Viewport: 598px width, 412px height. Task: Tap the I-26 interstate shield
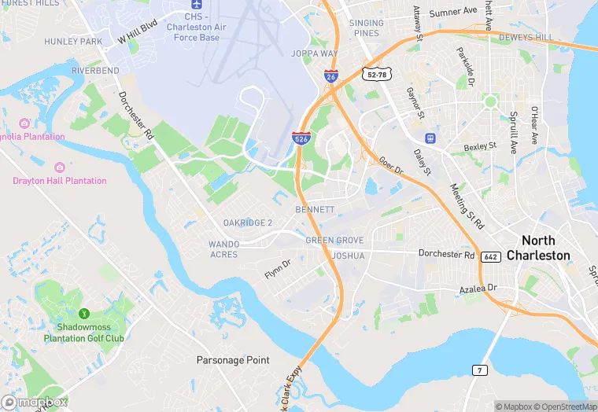(x=331, y=76)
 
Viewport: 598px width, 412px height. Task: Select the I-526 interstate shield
(x=301, y=138)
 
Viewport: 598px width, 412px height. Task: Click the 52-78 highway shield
(x=375, y=74)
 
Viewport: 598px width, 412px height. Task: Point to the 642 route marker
(x=491, y=256)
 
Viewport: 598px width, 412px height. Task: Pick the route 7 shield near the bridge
(x=479, y=370)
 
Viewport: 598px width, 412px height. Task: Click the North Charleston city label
(x=538, y=248)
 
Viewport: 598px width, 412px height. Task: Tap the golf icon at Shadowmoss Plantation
(x=85, y=314)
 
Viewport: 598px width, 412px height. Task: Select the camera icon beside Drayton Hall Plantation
(x=59, y=167)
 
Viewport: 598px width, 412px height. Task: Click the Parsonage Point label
(x=233, y=360)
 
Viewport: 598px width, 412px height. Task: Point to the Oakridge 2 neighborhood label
(x=248, y=223)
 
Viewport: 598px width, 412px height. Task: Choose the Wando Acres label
(x=224, y=249)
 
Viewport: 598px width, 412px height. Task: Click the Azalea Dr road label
(x=479, y=289)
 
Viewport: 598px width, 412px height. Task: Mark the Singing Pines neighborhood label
(x=367, y=28)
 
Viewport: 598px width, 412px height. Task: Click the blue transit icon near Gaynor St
(x=430, y=138)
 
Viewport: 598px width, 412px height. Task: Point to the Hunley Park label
(x=74, y=41)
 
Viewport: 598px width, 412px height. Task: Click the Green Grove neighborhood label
(x=334, y=241)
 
